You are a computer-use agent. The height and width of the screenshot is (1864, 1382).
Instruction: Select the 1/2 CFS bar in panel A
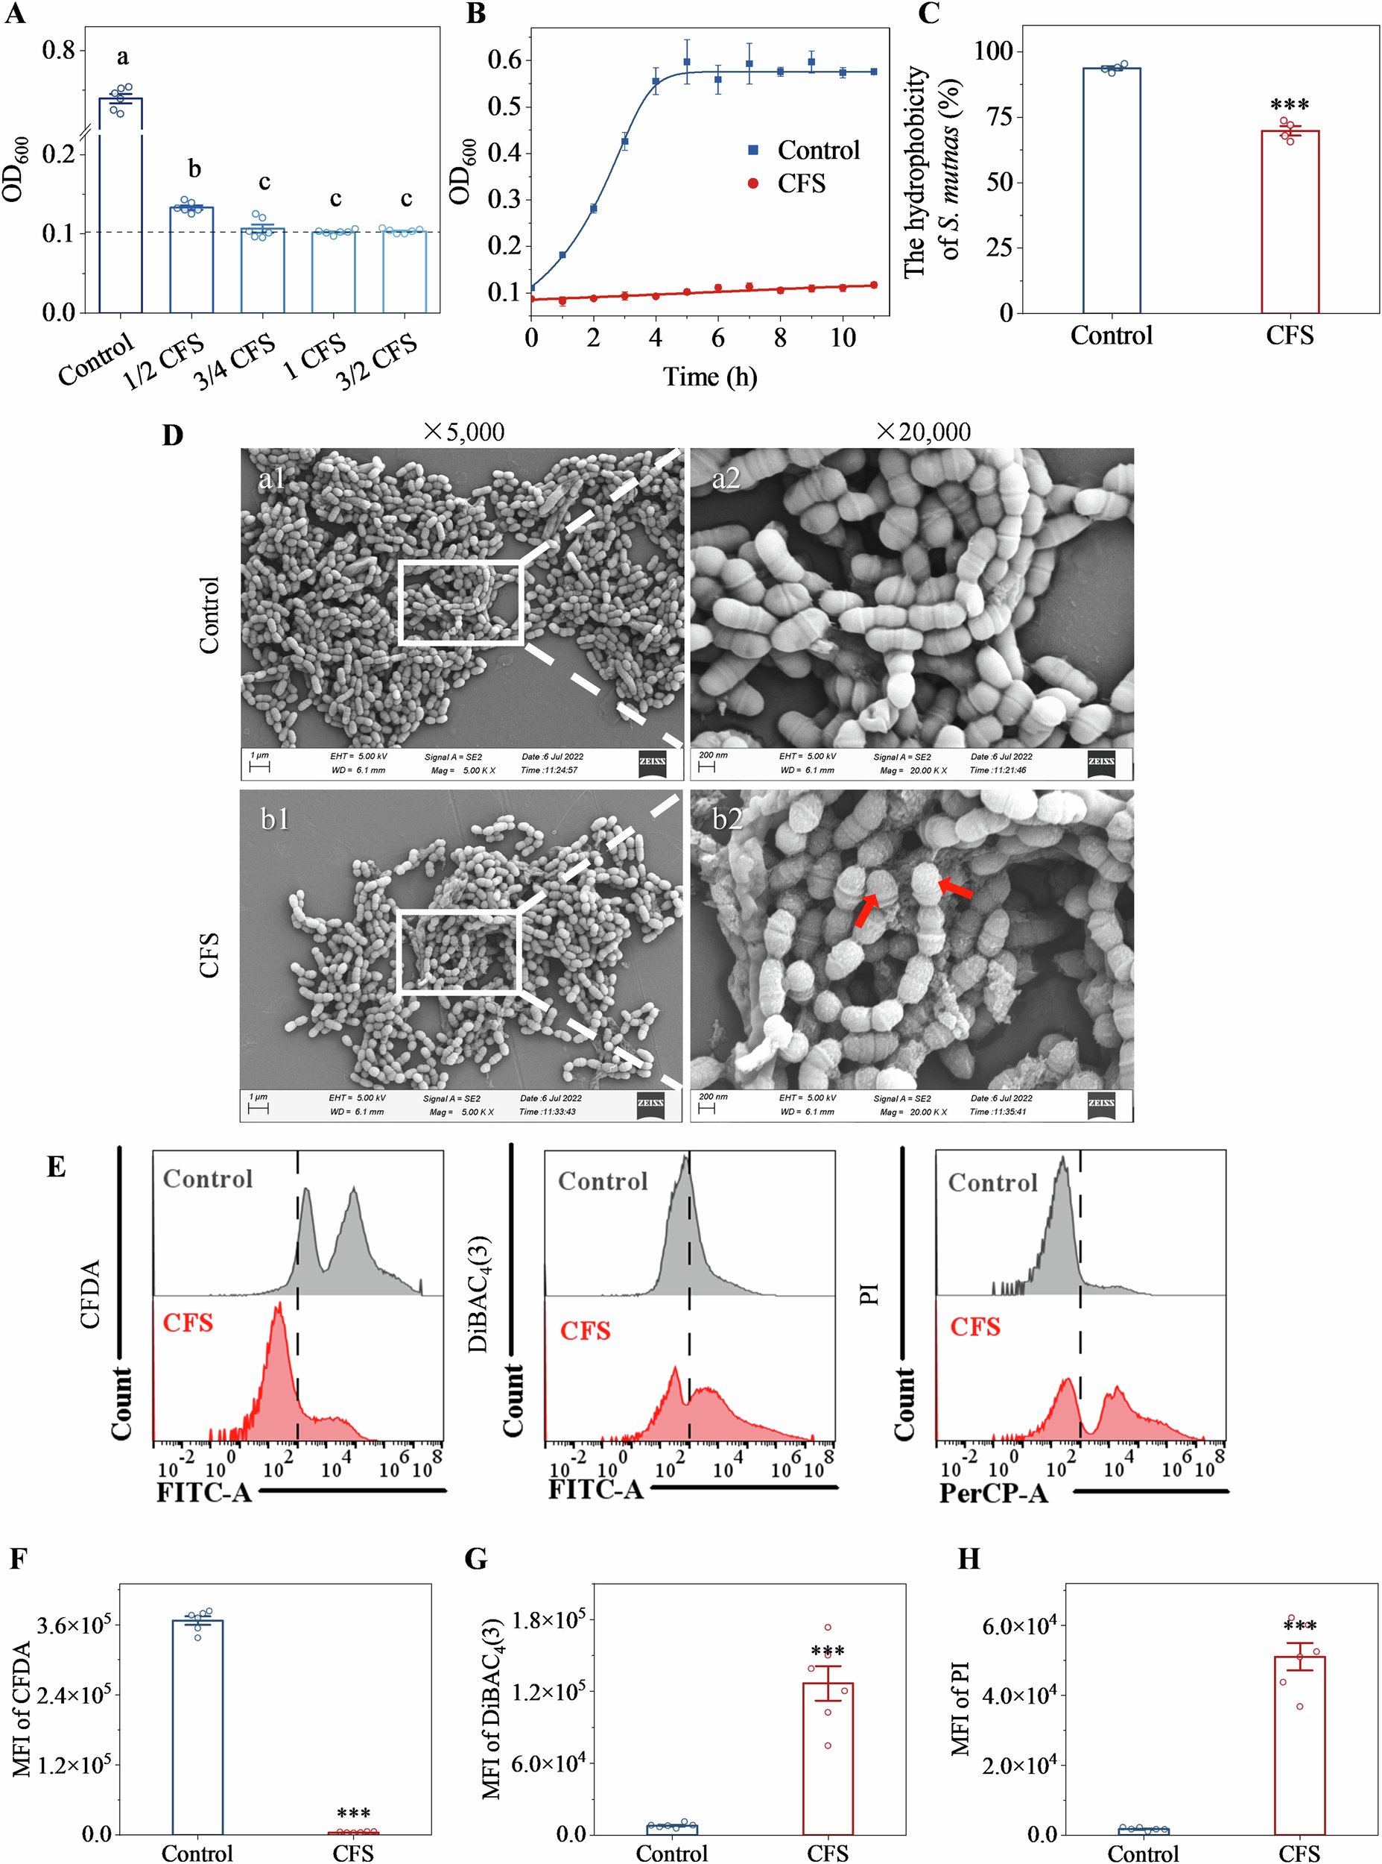(191, 259)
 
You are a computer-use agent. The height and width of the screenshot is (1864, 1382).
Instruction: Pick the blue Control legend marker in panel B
(753, 150)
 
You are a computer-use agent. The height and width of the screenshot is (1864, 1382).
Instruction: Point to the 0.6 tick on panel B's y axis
(504, 60)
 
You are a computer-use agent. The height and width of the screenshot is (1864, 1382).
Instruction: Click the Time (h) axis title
(709, 377)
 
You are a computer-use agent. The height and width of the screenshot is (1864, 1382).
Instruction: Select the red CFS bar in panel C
(1289, 221)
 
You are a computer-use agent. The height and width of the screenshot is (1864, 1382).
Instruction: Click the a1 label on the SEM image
(272, 478)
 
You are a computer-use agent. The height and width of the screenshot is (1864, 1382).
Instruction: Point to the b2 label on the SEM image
(727, 819)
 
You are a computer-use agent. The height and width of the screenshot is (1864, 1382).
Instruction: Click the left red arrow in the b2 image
(866, 910)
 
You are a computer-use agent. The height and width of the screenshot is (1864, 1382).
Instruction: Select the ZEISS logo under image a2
(1101, 762)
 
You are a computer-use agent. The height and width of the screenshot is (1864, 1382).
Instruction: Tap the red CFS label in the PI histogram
(974, 1326)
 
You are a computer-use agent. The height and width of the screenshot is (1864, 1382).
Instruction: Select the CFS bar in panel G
(828, 1757)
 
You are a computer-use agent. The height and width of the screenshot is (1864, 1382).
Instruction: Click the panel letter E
(56, 1167)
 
